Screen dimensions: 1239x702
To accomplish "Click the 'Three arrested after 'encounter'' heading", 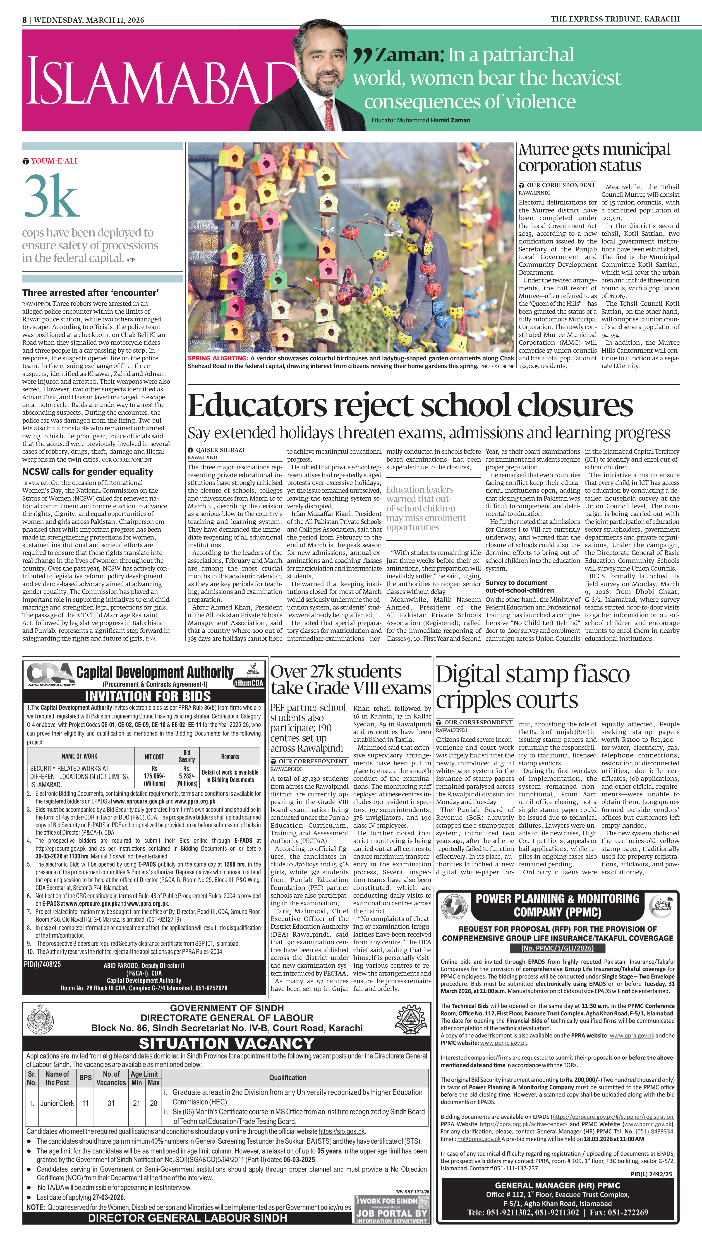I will click(90, 293).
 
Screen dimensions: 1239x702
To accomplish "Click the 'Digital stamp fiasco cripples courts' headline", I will click(533, 686).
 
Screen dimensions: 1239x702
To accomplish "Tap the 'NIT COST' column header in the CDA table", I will click(154, 757).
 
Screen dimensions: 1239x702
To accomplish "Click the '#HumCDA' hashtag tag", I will click(248, 683).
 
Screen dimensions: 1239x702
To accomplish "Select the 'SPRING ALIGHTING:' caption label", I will click(218, 358).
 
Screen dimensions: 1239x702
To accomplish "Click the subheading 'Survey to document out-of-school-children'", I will click(519, 586).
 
